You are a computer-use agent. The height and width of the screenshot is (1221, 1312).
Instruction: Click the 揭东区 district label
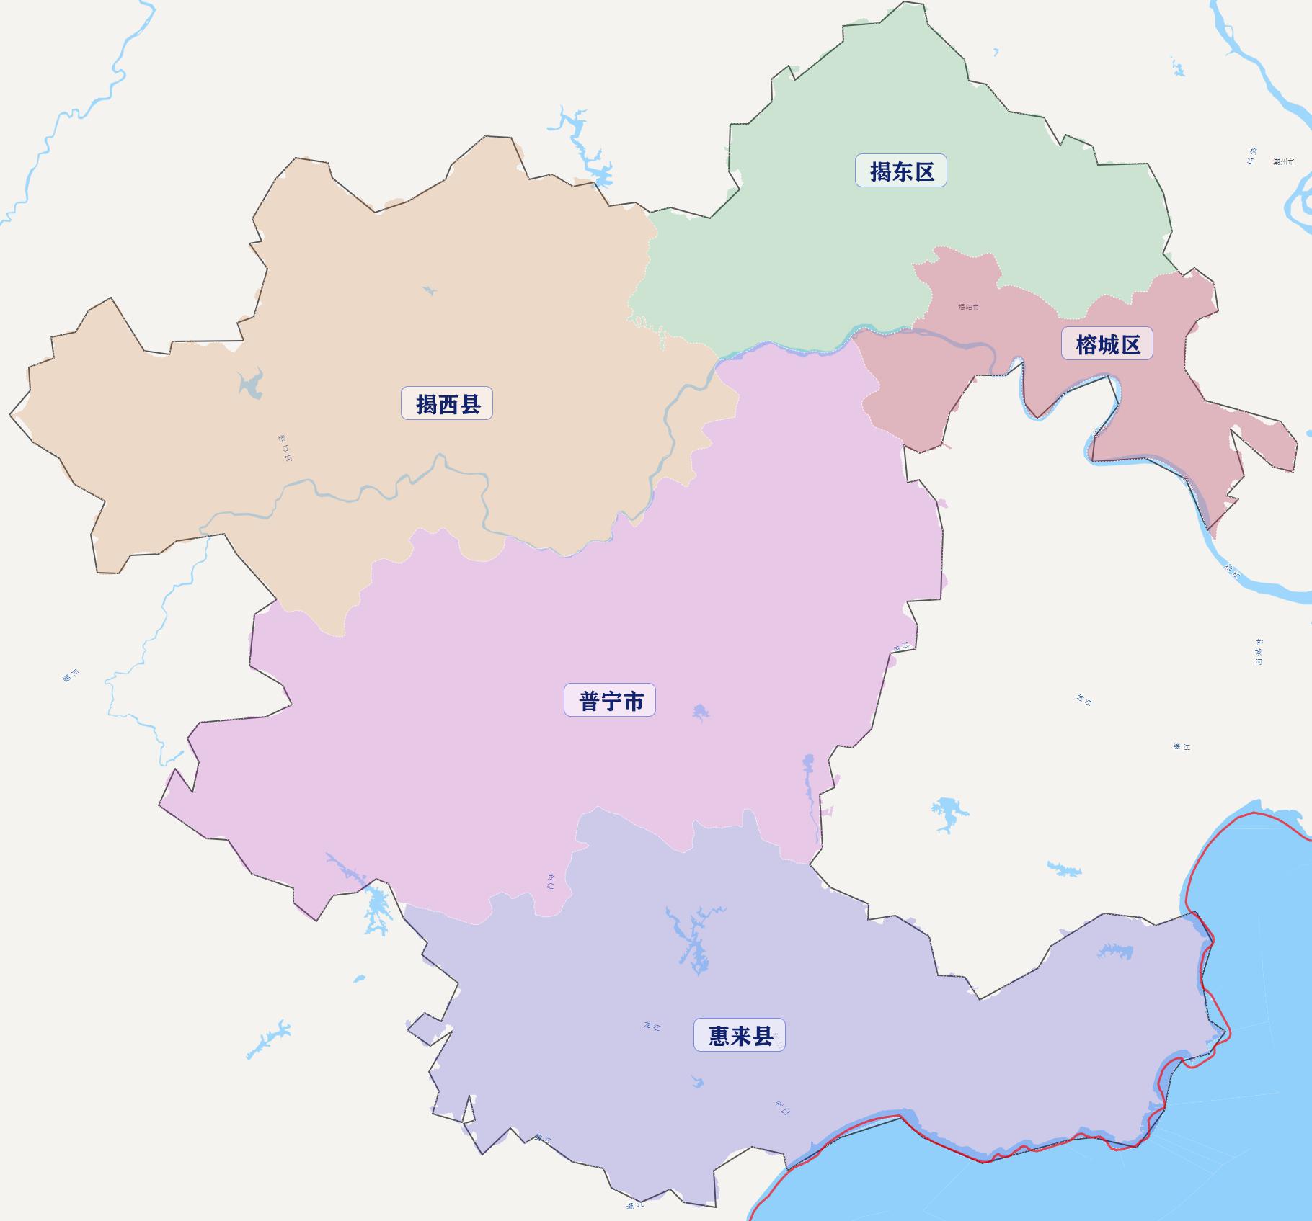point(901,171)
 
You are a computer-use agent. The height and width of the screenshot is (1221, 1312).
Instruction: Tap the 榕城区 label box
point(1107,344)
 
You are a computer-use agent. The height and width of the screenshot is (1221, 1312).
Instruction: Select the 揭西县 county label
point(447,404)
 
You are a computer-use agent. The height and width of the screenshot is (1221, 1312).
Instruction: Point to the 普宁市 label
point(610,701)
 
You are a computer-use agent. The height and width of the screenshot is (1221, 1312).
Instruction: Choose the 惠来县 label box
point(740,1036)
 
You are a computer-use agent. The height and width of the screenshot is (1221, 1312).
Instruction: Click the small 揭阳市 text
point(968,308)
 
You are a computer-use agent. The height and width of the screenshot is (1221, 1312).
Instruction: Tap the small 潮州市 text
point(1283,162)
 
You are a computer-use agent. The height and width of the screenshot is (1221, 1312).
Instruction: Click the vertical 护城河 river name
point(1259,652)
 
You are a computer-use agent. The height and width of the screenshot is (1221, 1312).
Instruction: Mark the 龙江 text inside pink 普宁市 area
point(551,881)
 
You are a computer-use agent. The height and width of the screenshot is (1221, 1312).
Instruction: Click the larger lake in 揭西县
point(250,384)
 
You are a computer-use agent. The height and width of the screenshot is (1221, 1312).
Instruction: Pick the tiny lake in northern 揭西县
point(430,291)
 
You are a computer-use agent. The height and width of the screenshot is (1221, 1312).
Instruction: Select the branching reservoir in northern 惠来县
point(692,936)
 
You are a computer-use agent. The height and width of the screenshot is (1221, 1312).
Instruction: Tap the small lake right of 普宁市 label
point(700,712)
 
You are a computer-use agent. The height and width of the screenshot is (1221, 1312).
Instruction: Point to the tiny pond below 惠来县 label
point(696,1082)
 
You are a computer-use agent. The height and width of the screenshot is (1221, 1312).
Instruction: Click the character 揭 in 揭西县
point(426,404)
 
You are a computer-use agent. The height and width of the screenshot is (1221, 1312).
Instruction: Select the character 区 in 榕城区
point(1130,344)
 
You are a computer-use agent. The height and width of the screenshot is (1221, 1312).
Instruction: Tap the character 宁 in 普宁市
point(610,701)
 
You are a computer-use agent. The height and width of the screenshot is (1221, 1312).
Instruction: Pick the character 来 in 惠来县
point(740,1036)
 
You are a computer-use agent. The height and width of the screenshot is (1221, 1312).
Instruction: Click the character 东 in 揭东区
point(901,171)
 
